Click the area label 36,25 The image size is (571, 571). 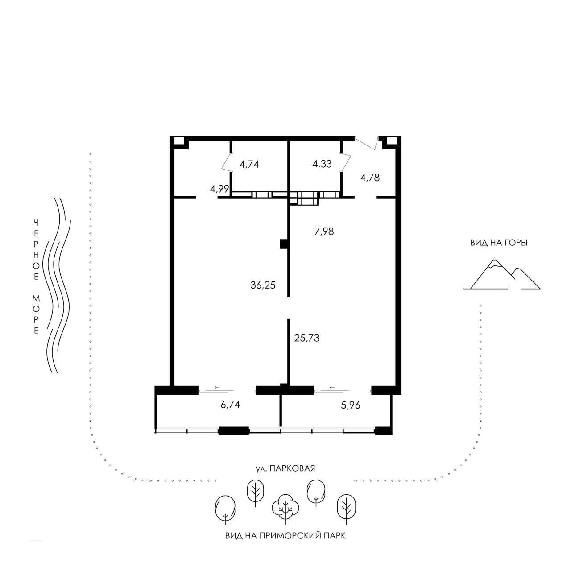pyautogui.click(x=263, y=285)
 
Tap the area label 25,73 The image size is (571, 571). pyautogui.click(x=306, y=338)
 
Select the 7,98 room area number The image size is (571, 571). pyautogui.click(x=324, y=231)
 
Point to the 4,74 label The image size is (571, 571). pyautogui.click(x=249, y=164)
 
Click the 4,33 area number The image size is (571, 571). pyautogui.click(x=322, y=164)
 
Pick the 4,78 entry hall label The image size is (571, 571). pyautogui.click(x=370, y=178)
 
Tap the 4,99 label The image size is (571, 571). pyautogui.click(x=219, y=189)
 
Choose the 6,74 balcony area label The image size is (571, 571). pyautogui.click(x=230, y=405)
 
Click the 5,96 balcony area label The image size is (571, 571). pyautogui.click(x=351, y=405)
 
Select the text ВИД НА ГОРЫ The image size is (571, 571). pyautogui.click(x=499, y=243)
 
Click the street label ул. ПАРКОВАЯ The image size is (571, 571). pyautogui.click(x=285, y=468)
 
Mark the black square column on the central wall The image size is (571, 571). pyautogui.click(x=284, y=244)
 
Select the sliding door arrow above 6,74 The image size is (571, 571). pyautogui.click(x=217, y=388)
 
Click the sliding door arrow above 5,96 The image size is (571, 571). pyautogui.click(x=332, y=388)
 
